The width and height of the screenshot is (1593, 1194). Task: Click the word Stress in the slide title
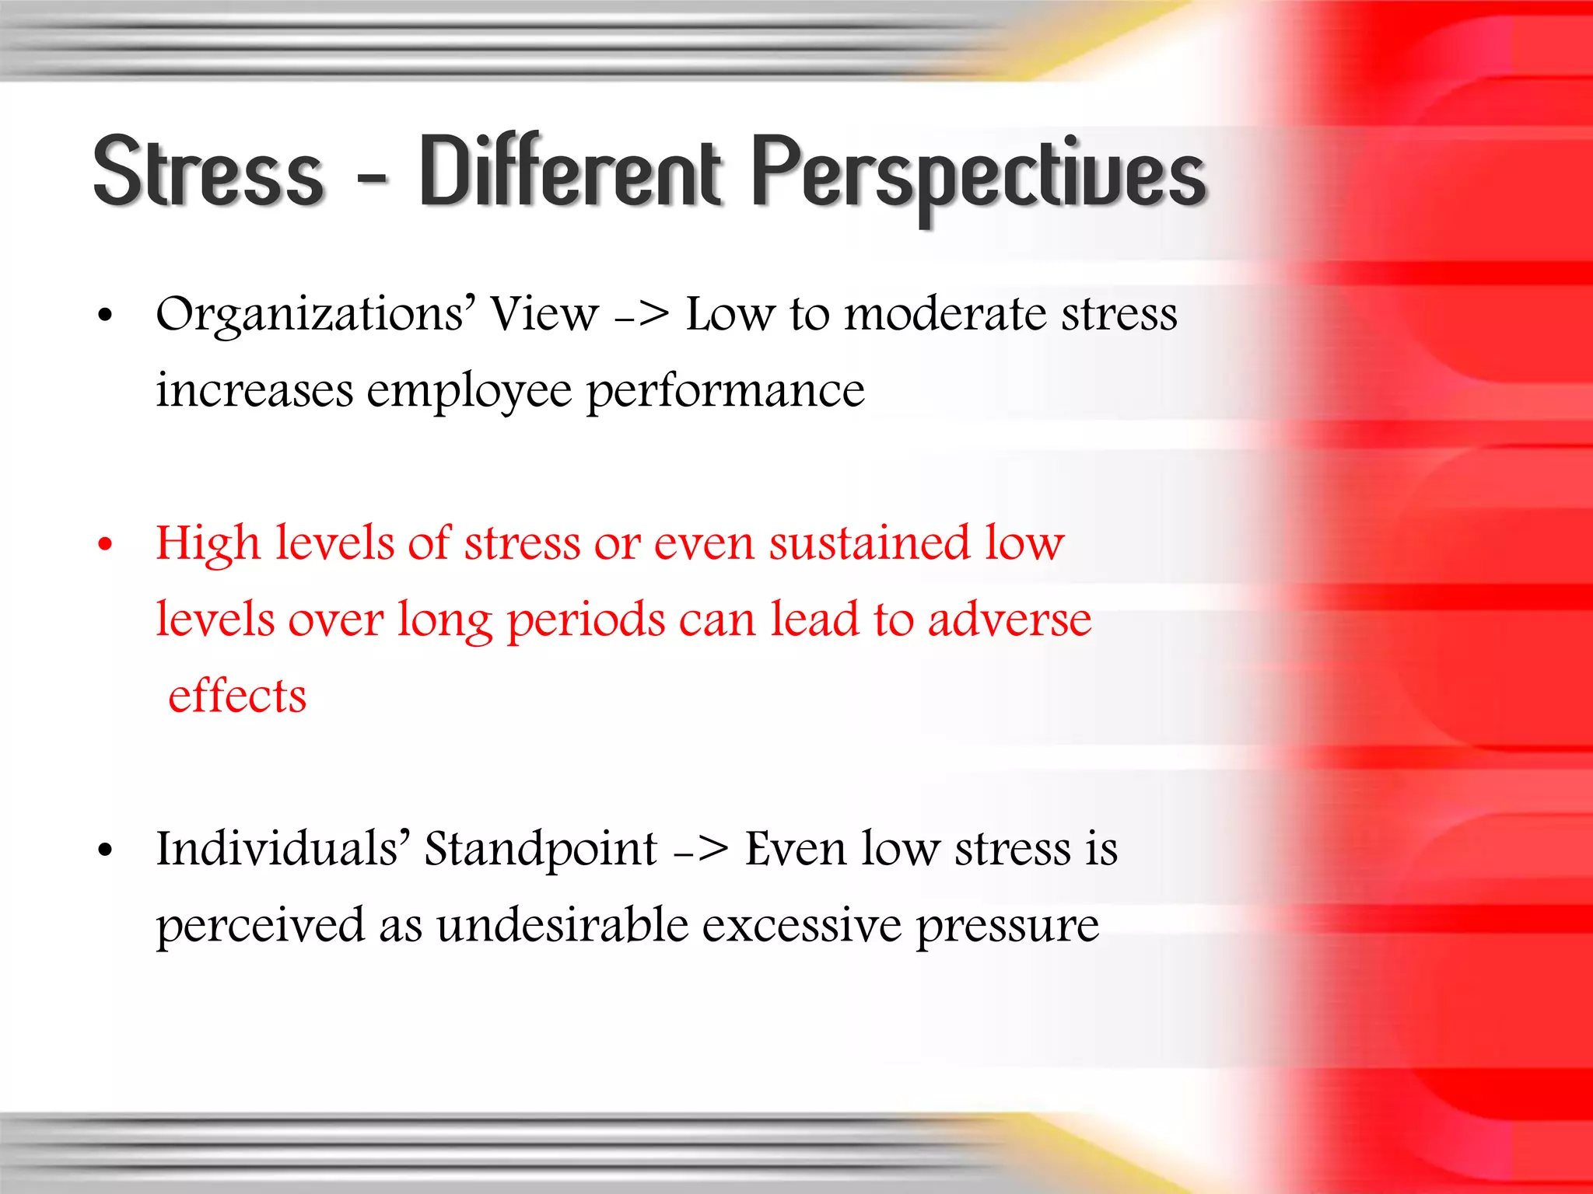pos(208,171)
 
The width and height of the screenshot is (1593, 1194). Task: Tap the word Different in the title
pos(572,171)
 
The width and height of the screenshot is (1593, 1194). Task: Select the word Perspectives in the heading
pos(979,175)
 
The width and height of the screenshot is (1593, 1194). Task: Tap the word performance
pos(725,391)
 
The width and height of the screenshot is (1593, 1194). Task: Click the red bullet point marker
pos(106,544)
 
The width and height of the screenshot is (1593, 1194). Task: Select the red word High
pos(208,543)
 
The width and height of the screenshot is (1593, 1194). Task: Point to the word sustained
pos(870,543)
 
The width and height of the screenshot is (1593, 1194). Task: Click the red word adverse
pos(1010,620)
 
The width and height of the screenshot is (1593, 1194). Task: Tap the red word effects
pos(237,696)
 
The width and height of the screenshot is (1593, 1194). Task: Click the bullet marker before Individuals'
pos(106,850)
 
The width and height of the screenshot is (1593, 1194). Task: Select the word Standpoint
pos(541,850)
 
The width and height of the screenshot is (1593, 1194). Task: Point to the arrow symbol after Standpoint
pos(702,850)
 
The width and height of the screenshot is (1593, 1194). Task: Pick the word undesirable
pos(562,926)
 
